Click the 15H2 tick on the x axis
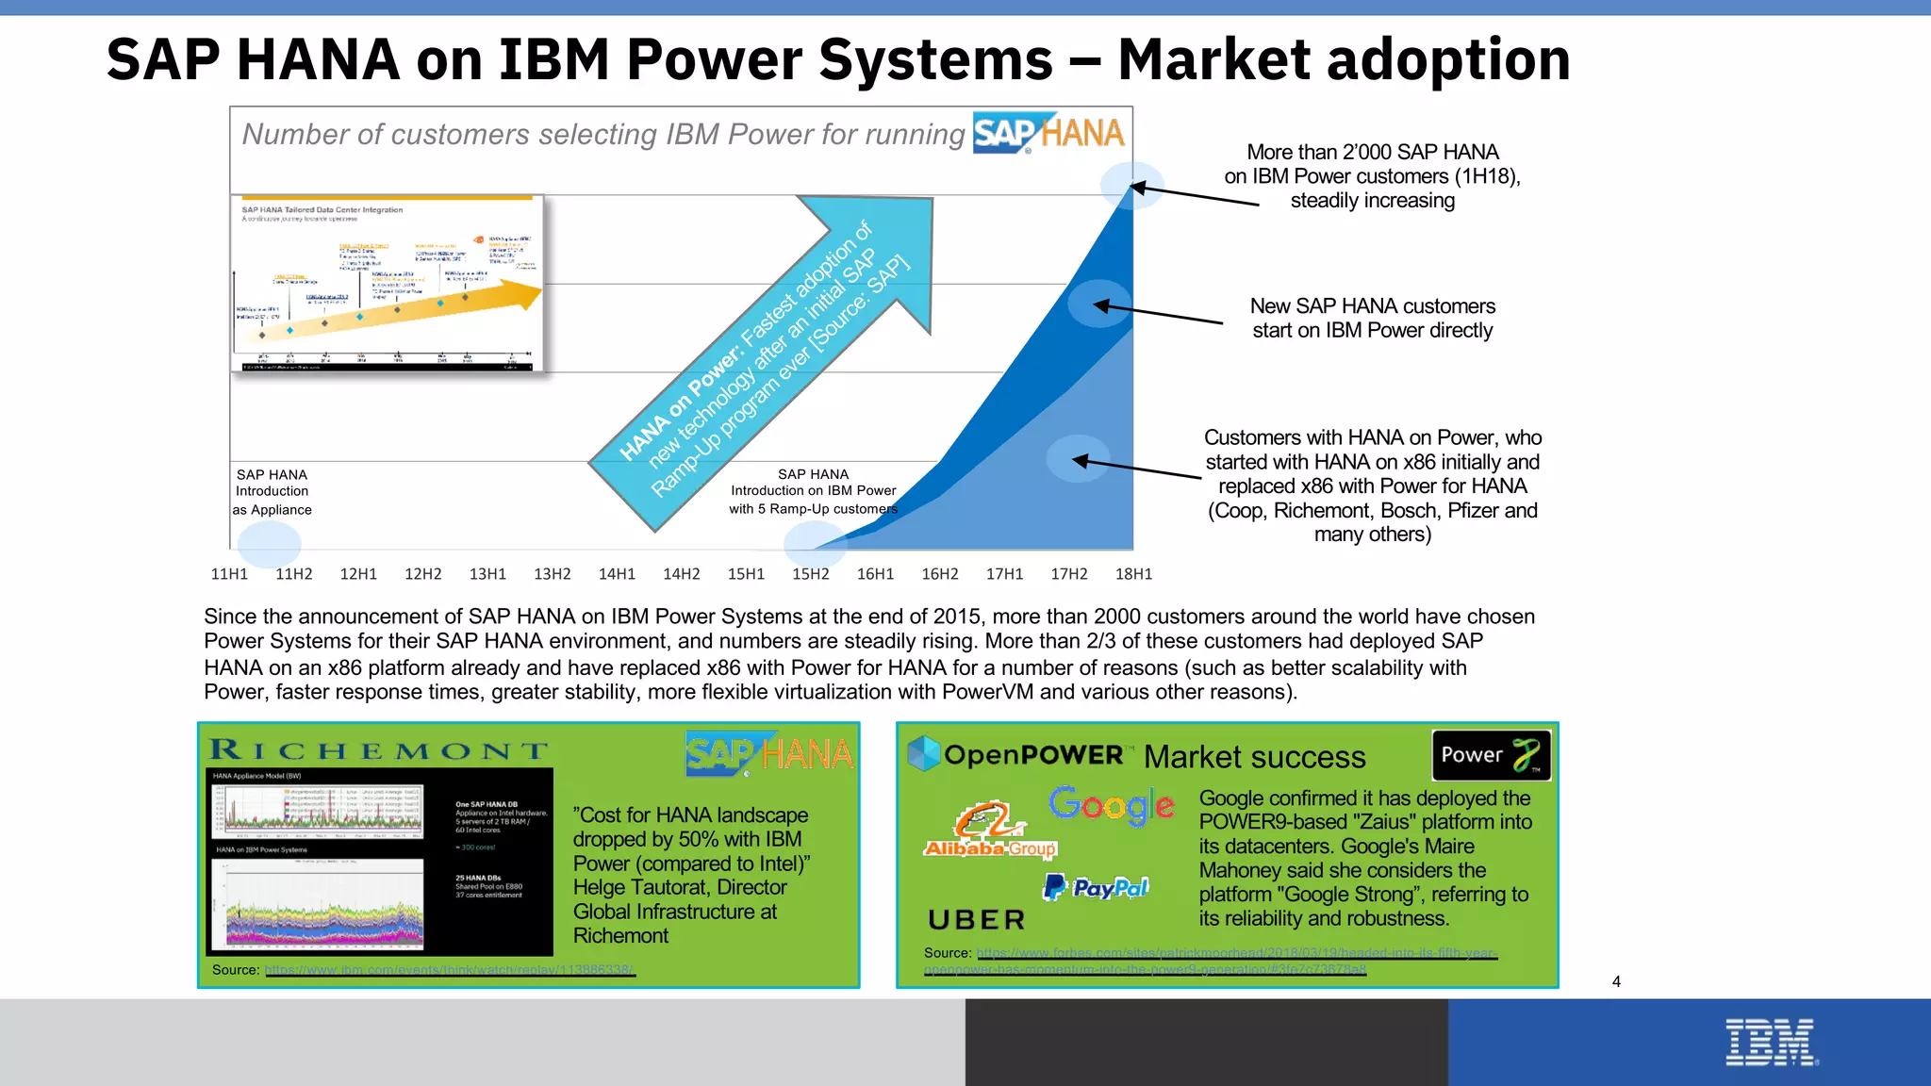pyautogui.click(x=810, y=574)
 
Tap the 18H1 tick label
pyautogui.click(x=1133, y=574)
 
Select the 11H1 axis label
pyautogui.click(x=229, y=574)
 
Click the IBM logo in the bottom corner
pyautogui.click(x=1770, y=1043)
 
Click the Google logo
pyautogui.click(x=1111, y=806)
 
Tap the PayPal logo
pyautogui.click(x=1096, y=887)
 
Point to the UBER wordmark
pyautogui.click(x=976, y=920)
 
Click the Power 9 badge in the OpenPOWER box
pyautogui.click(x=1490, y=755)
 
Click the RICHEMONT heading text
pyautogui.click(x=378, y=750)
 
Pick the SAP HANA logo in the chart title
pyautogui.click(x=1048, y=134)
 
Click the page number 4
pyautogui.click(x=1616, y=981)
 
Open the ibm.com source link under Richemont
pyautogui.click(x=450, y=970)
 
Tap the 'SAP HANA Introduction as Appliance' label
pyautogui.click(x=272, y=491)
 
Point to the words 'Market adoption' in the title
pyautogui.click(x=1344, y=59)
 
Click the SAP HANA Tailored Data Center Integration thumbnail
pyautogui.click(x=388, y=283)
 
